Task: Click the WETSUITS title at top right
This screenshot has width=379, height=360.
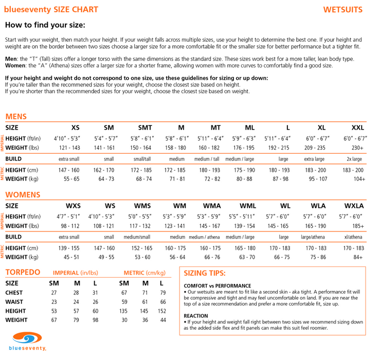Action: [343, 9]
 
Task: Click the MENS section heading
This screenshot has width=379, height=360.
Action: [16, 116]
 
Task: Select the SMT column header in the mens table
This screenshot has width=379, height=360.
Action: [145, 128]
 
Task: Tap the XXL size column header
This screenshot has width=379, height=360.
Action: [357, 128]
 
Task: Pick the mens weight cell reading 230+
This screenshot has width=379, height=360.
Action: [357, 148]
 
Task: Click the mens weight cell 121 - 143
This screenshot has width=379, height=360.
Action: [69, 148]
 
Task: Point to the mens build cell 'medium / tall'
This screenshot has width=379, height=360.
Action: [207, 159]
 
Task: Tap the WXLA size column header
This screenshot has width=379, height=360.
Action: [353, 206]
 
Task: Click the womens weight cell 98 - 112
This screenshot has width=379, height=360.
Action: [70, 226]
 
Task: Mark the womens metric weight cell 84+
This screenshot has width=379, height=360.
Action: [358, 257]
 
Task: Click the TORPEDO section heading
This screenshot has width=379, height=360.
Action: [23, 272]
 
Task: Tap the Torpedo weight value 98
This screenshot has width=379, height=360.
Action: [95, 320]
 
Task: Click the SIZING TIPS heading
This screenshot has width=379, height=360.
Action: [205, 273]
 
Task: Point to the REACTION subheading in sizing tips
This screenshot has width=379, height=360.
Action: [196, 316]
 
